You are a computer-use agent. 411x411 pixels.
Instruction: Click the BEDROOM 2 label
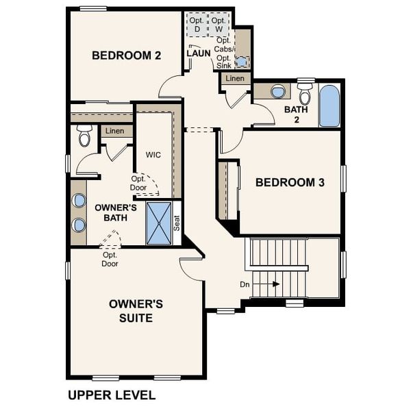click(x=127, y=55)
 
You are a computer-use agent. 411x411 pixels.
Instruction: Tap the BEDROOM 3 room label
click(x=290, y=182)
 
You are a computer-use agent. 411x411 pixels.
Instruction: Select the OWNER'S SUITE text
click(x=136, y=310)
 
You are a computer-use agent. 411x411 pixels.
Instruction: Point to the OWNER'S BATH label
click(x=116, y=212)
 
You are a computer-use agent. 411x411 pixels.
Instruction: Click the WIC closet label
click(x=153, y=155)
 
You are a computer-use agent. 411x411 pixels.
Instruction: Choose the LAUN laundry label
click(x=198, y=53)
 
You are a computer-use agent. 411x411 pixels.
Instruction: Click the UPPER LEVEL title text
click(x=112, y=395)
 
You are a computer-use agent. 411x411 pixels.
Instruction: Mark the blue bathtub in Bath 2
click(x=329, y=105)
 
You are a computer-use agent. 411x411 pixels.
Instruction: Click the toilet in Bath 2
click(x=305, y=95)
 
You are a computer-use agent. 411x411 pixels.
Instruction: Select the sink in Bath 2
click(x=278, y=91)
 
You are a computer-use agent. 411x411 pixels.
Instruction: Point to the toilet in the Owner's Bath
click(x=85, y=136)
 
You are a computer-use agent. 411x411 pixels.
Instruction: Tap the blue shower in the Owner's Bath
click(x=159, y=223)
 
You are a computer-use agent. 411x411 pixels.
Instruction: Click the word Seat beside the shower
click(x=176, y=223)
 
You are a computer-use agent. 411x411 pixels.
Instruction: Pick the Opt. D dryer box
click(x=197, y=25)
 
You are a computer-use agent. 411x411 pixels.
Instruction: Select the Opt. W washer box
click(x=219, y=25)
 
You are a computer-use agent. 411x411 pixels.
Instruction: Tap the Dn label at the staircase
click(x=245, y=284)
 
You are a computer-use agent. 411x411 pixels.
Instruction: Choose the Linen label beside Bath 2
click(x=235, y=79)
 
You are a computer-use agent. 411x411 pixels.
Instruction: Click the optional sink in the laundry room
click(x=241, y=62)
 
